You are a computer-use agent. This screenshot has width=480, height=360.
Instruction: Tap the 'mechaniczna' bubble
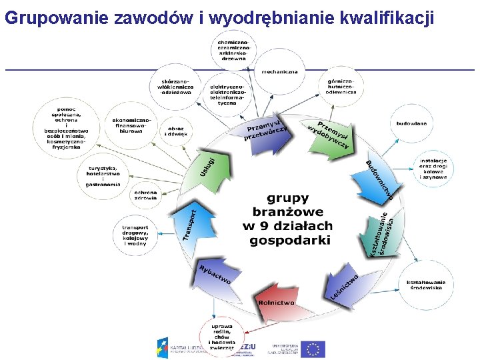coord(279,72)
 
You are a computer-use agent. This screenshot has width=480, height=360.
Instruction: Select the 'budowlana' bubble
coord(412,124)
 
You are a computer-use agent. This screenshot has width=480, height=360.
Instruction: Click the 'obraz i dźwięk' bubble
coord(177,131)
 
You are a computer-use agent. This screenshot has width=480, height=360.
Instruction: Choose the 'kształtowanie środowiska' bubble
coord(425,285)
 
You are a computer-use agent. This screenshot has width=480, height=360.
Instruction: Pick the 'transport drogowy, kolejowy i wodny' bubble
coord(135,235)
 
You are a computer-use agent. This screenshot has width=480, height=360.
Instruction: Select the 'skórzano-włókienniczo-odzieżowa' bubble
coord(175,86)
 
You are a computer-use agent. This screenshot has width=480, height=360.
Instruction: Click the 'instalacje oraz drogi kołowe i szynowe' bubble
coord(433,169)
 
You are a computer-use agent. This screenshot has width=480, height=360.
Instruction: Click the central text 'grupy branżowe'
coord(288,205)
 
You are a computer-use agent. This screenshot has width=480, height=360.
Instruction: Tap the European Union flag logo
coord(313,349)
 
